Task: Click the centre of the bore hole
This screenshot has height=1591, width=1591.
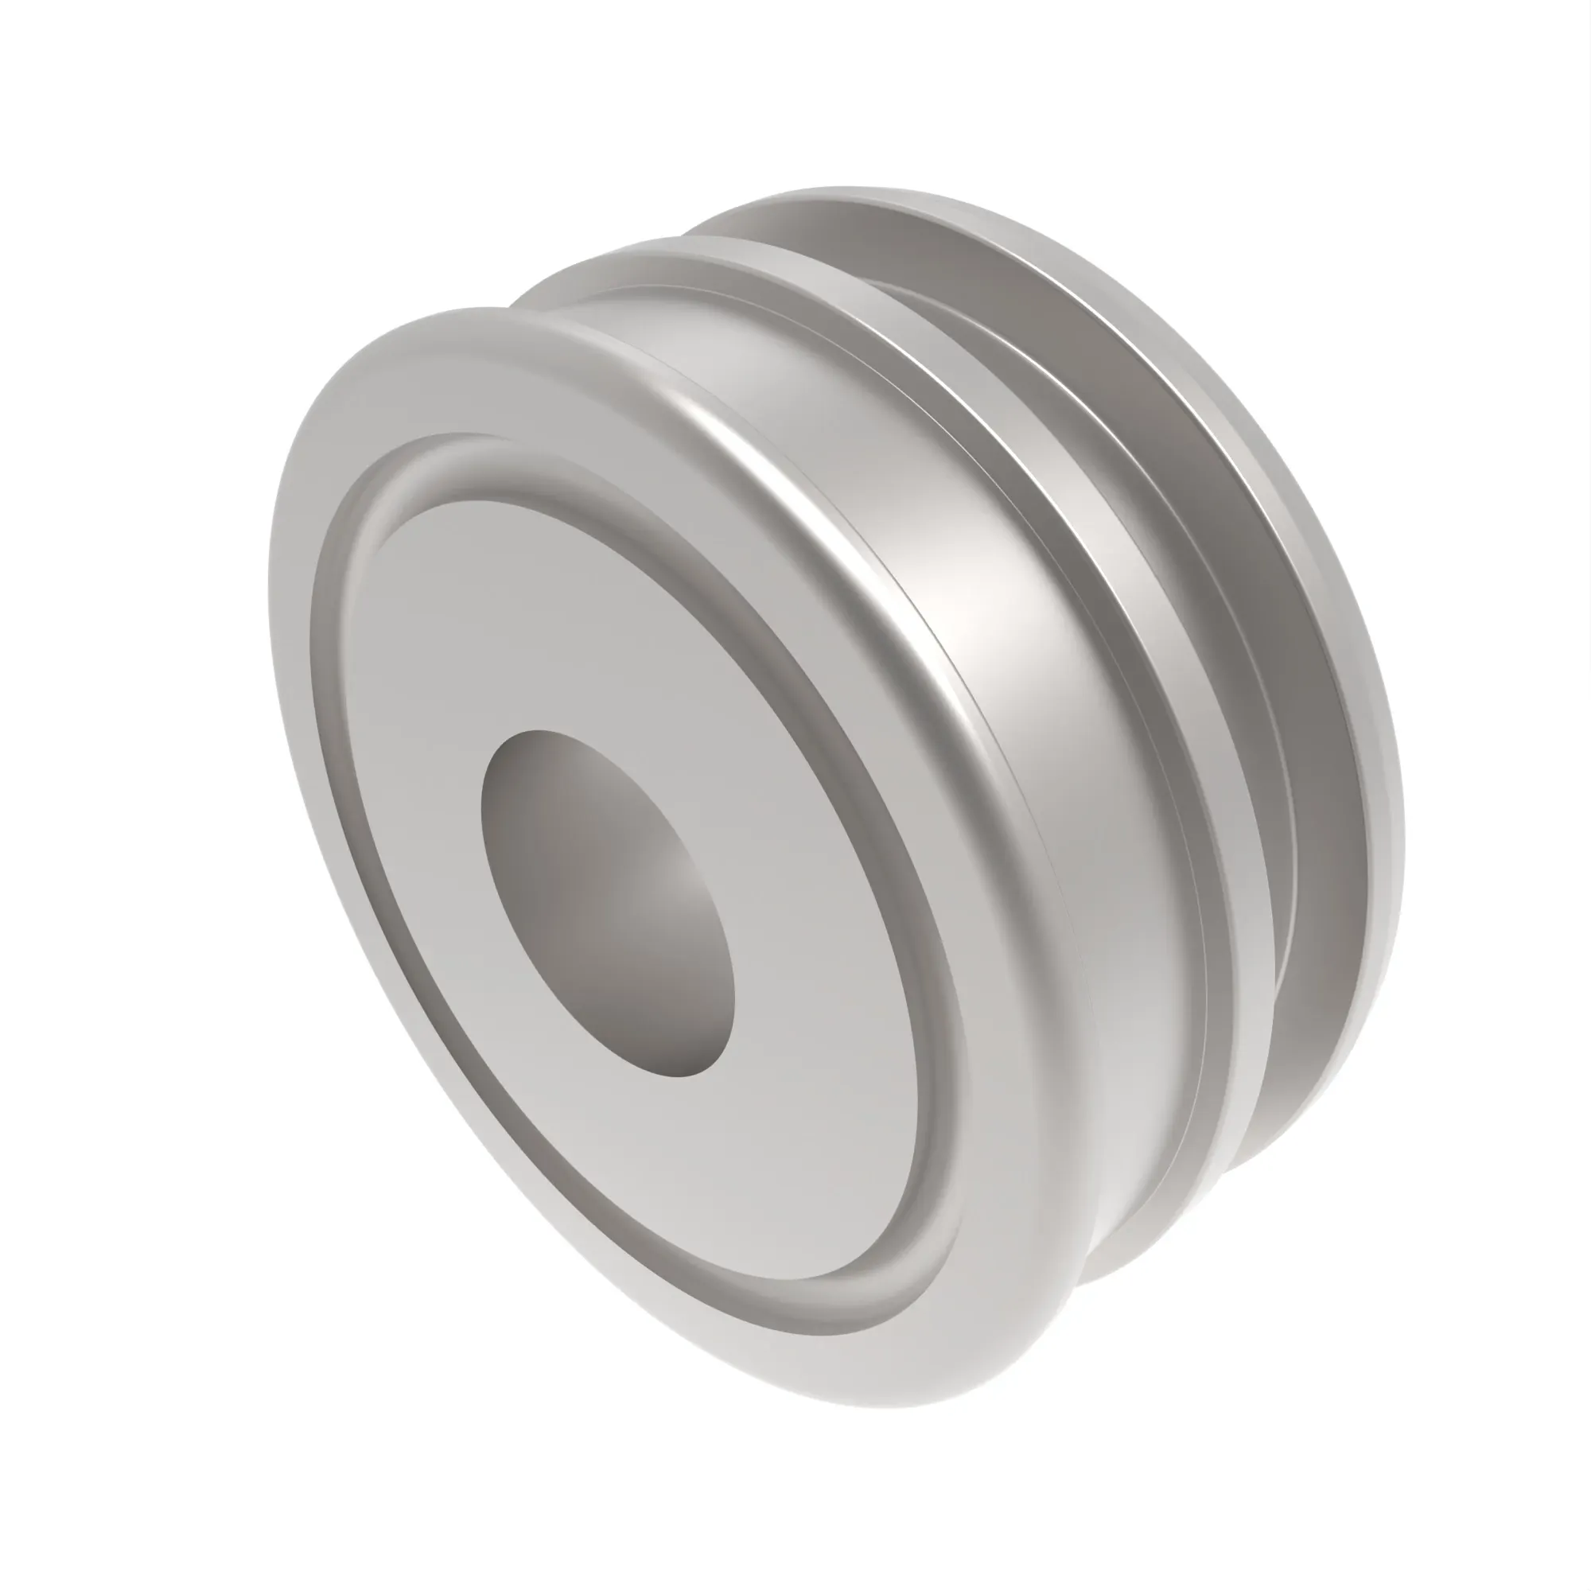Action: pyautogui.click(x=607, y=903)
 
